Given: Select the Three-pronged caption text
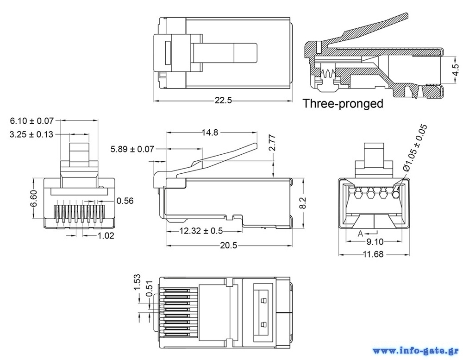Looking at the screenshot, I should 343,103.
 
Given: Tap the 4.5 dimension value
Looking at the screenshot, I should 456,70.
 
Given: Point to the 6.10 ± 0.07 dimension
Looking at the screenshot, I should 32,121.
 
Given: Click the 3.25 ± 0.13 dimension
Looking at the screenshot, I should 32,134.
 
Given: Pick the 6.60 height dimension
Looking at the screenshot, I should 33,200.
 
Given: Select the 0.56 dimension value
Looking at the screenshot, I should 125,201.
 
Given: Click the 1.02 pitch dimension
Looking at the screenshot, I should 106,235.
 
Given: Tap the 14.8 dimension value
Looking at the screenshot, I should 210,133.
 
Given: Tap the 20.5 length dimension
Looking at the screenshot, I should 228,246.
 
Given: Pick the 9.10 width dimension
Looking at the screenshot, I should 374,241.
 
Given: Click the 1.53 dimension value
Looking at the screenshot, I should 137,282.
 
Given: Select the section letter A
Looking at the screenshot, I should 360,234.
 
